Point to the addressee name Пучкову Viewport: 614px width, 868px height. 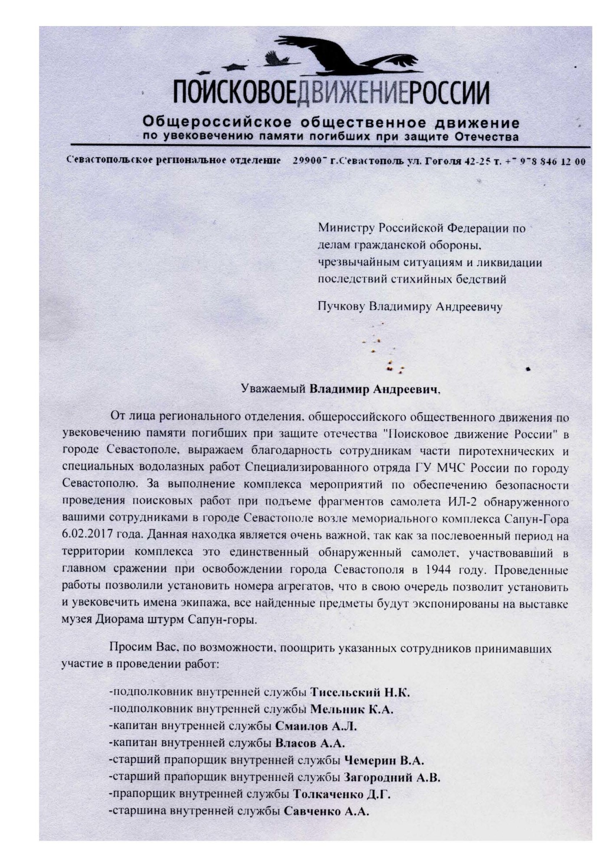[341, 307]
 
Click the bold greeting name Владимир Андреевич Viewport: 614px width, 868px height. [372, 389]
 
